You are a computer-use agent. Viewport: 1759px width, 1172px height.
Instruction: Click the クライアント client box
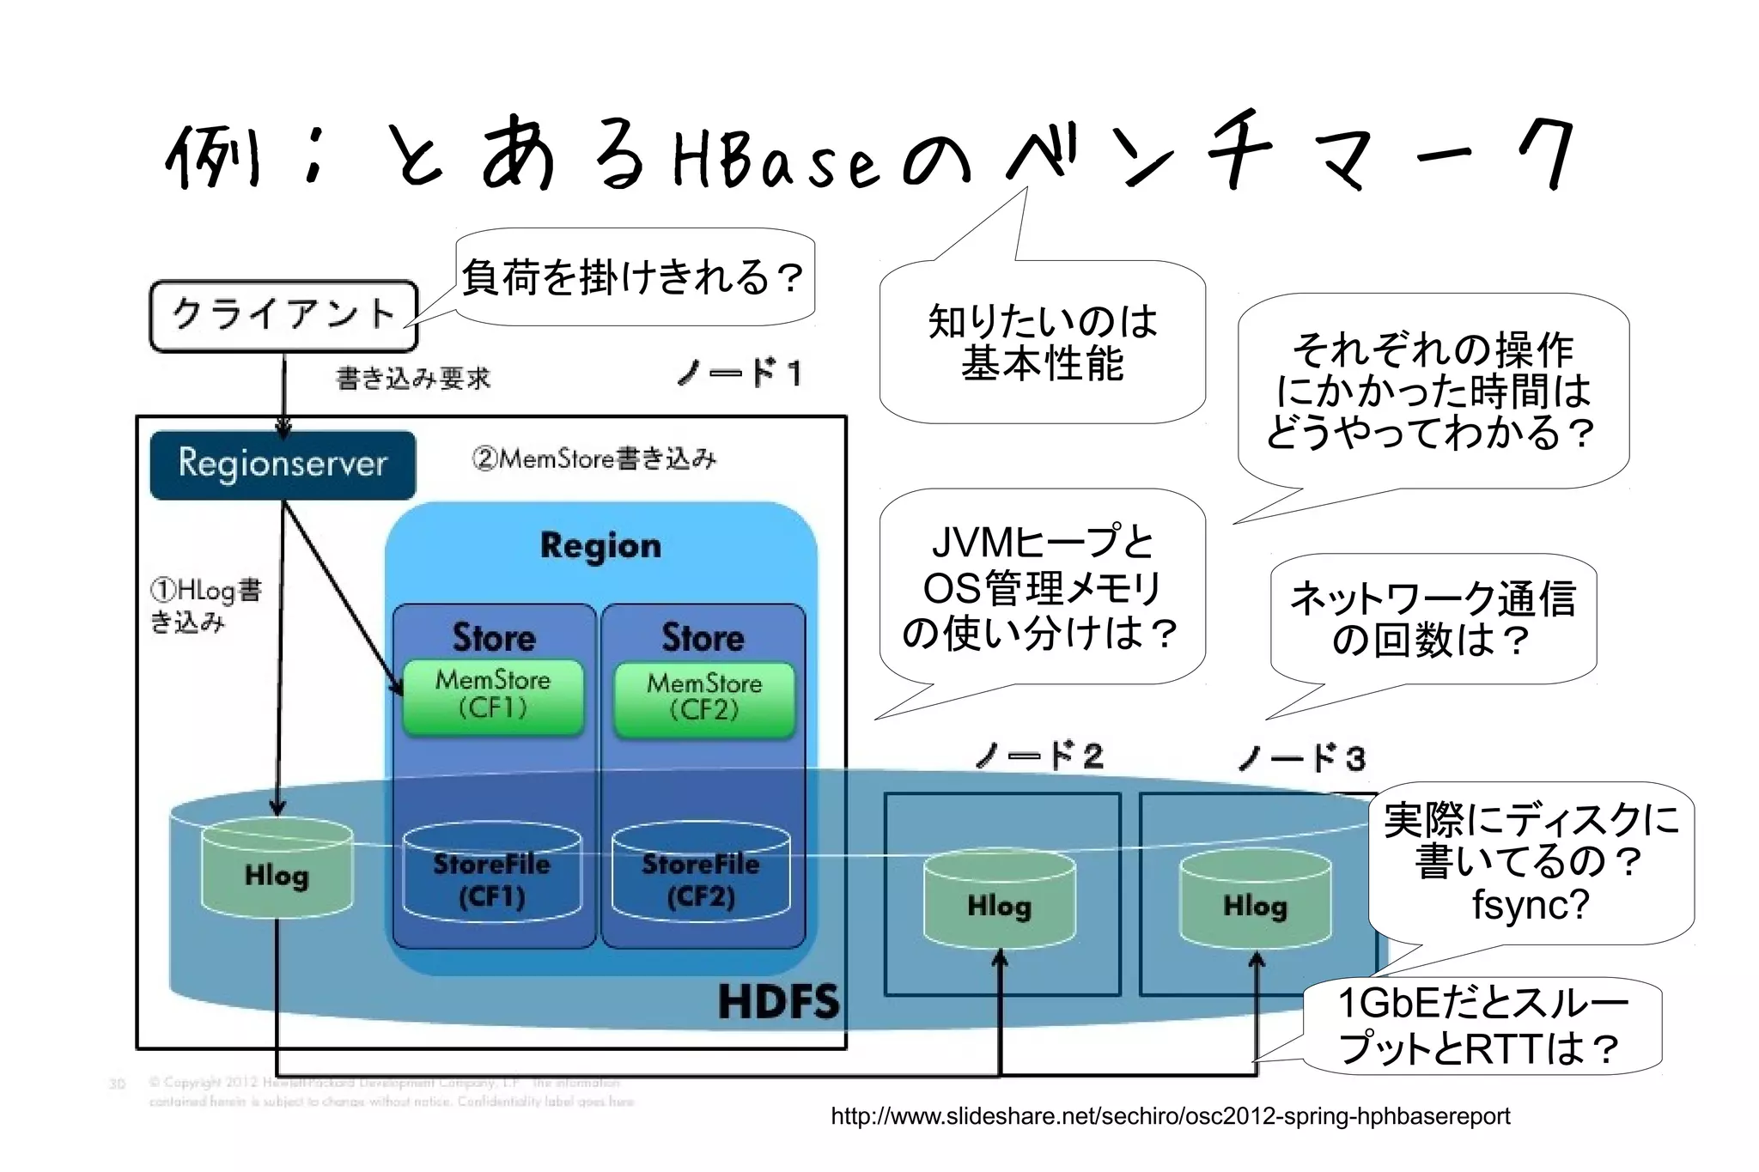283,315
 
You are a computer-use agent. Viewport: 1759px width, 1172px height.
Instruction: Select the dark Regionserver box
283,465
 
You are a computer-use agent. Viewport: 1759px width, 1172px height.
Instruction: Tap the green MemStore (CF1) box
493,695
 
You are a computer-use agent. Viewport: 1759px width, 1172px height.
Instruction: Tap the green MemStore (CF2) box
704,698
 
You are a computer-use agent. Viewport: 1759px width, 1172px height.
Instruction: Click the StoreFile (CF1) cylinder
491,876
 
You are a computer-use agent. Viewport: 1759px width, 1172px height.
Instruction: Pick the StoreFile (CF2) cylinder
701,876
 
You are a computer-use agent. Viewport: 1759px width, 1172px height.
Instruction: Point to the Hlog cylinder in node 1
277,871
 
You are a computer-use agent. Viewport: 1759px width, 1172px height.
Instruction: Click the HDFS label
778,1002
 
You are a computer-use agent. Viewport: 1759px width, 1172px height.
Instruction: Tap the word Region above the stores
600,546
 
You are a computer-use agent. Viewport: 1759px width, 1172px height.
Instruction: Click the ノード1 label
740,373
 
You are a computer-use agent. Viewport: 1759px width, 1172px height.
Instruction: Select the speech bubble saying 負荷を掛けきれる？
634,277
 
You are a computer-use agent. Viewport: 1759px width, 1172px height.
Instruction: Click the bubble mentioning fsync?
1531,863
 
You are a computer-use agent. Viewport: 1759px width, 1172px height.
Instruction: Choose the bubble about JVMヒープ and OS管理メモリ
1041,587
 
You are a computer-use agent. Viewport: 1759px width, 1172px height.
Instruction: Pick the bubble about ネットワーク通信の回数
1433,618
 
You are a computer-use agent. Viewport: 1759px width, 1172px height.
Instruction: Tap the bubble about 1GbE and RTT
1482,1025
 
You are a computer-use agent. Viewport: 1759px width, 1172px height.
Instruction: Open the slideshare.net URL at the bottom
1170,1116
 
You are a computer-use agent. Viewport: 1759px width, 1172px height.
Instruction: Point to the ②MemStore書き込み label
593,458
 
